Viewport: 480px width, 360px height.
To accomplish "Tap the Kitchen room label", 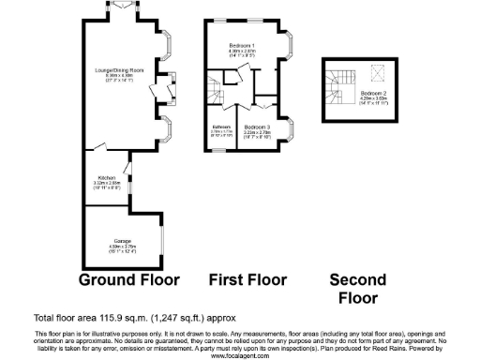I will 106,177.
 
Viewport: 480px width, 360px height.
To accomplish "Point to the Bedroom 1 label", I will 243,45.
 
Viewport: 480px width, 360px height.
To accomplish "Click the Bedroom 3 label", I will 256,127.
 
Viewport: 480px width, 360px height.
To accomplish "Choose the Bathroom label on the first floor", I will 221,127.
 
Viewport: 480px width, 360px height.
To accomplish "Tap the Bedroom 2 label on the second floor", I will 372,95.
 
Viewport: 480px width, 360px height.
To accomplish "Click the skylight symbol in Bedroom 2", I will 377,71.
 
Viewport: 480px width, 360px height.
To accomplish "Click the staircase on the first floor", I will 217,95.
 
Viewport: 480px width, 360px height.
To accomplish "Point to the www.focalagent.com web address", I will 240,355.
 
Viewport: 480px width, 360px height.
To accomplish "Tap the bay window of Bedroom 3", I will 292,127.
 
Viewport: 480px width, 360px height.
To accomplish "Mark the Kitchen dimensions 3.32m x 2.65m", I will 106,184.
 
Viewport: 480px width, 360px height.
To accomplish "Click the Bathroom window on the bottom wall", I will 223,148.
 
